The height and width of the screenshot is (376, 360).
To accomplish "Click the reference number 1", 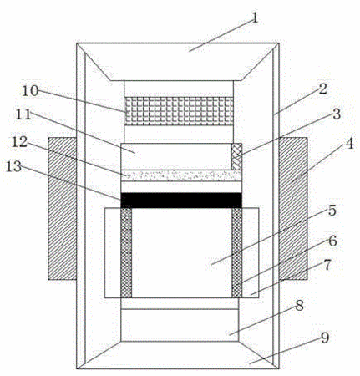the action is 255,18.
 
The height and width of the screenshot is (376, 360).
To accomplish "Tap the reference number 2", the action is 322,89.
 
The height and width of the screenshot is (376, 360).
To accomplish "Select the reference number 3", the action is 337,114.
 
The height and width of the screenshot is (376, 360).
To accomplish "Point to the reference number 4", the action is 349,144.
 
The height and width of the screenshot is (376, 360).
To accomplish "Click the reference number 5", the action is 332,211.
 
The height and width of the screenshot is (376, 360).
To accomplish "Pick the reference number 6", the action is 332,241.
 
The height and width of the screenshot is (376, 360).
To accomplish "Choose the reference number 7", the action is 327,265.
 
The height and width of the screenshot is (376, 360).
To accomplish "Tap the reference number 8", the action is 299,306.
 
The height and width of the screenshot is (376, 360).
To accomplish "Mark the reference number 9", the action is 325,338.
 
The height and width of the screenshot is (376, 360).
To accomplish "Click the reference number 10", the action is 30,91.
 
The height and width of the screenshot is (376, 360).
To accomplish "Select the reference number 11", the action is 23,114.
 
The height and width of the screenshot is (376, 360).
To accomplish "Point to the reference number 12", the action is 19,142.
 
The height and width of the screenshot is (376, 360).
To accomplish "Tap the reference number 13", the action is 13,166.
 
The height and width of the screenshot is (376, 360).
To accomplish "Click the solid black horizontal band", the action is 181,201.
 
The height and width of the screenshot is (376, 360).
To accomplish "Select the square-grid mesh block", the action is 179,111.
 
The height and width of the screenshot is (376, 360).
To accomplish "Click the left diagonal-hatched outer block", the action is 63,209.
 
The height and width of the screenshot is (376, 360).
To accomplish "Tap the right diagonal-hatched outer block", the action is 293,209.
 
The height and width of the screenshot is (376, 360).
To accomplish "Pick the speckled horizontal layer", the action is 181,175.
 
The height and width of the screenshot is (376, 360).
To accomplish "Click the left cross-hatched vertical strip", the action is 126,252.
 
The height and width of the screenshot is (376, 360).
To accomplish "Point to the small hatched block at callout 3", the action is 236,156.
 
